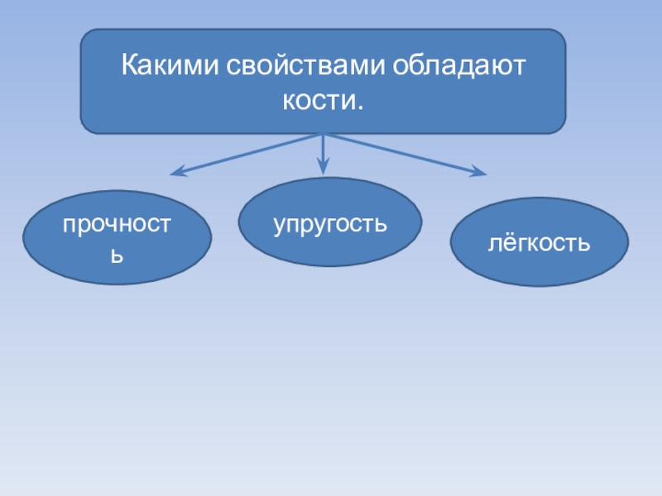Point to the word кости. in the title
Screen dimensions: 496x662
(323, 103)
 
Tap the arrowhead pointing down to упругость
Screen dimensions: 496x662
(324, 168)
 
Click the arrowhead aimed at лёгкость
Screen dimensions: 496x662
(480, 174)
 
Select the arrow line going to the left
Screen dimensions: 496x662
(248, 154)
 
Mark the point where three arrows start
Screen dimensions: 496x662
(324, 135)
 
